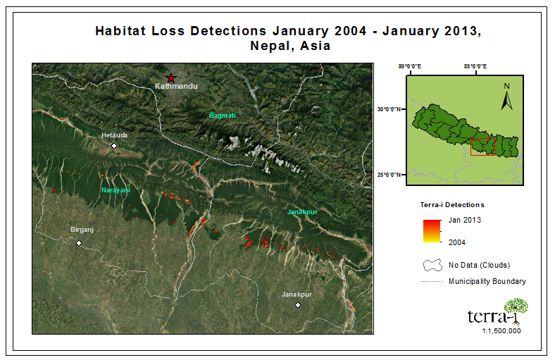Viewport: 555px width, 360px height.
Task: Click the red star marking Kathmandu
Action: coord(171,78)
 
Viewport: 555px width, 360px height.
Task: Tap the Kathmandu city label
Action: coord(176,86)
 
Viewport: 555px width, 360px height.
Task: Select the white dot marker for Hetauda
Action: coord(114,146)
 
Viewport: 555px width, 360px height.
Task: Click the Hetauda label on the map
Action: coord(114,135)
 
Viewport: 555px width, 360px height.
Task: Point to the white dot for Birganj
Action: coord(79,243)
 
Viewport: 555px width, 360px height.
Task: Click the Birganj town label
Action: coord(82,230)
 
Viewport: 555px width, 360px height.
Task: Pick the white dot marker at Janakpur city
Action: coord(298,305)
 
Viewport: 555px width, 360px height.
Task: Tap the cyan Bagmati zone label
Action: coord(223,116)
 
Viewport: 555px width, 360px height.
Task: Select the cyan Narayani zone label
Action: coord(116,190)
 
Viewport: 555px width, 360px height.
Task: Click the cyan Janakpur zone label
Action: coord(302,212)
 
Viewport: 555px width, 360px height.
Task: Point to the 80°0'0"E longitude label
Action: coord(410,66)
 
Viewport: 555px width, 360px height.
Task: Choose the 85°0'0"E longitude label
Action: coord(475,66)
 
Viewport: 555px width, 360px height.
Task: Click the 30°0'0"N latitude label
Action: coord(389,109)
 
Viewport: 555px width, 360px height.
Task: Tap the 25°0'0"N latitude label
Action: coord(389,175)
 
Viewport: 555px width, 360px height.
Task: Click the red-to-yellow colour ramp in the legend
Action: coord(432,231)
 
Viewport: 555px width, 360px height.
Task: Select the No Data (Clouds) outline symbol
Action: coord(432,265)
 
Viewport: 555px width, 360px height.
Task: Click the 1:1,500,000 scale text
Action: coord(501,331)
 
